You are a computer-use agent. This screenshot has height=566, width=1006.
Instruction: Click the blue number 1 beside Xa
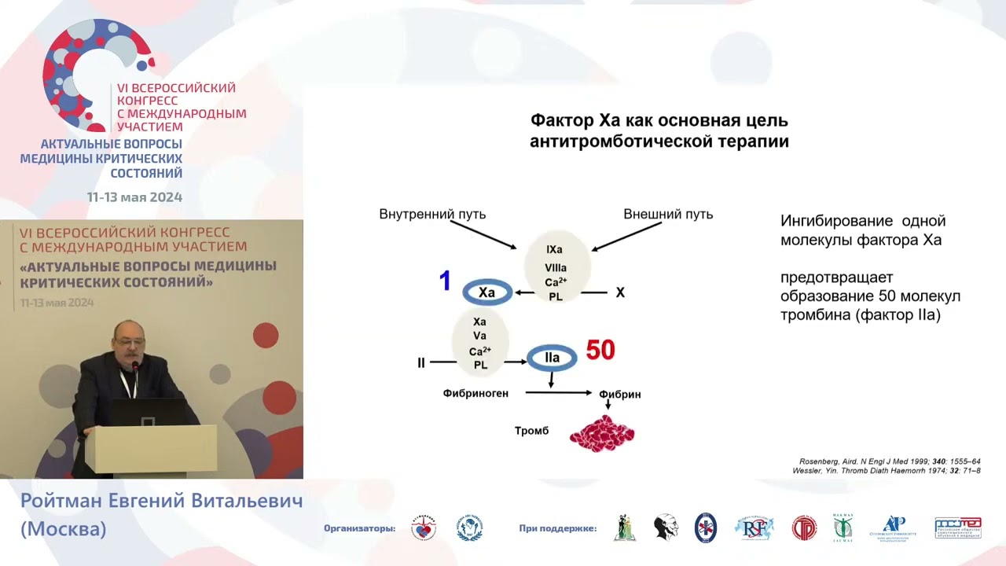click(x=445, y=281)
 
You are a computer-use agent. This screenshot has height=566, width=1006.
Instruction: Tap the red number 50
click(x=600, y=350)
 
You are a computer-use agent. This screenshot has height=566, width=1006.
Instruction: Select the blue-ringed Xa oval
click(x=487, y=292)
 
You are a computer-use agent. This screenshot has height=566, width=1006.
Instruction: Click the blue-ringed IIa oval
click(x=552, y=358)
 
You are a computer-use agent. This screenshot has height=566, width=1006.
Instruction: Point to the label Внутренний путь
click(x=432, y=214)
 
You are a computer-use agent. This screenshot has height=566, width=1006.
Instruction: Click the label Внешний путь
click(x=668, y=214)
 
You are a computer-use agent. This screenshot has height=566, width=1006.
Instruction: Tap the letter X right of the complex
click(x=620, y=292)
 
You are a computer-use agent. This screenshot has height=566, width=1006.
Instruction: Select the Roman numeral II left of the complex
click(x=421, y=363)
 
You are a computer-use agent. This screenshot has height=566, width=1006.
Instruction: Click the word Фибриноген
click(x=475, y=392)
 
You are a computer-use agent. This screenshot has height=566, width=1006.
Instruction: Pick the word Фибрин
click(x=620, y=394)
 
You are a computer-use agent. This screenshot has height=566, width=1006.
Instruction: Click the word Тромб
click(x=531, y=431)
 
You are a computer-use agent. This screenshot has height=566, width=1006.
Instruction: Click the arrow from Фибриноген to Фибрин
click(x=558, y=392)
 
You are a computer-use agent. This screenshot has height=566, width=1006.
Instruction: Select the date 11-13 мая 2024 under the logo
click(x=134, y=197)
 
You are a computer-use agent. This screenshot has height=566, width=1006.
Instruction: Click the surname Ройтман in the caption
click(x=68, y=502)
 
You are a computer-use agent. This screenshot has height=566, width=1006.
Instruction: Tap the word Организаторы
click(x=360, y=528)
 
